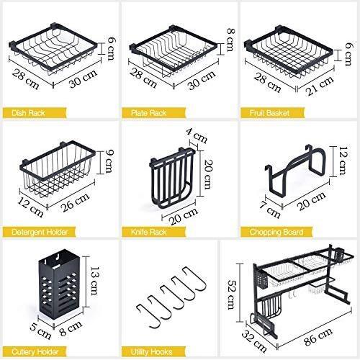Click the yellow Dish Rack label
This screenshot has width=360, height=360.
28,113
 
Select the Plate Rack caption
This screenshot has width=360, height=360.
148,113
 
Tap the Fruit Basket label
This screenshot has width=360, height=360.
269,113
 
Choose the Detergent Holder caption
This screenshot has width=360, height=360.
40,232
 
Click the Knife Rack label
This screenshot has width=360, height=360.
148,232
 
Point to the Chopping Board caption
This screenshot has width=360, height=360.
276,232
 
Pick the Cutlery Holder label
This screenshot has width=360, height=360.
35,352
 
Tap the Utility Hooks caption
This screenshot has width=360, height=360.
151,352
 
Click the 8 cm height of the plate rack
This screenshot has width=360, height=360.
230,40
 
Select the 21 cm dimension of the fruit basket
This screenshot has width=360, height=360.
320,85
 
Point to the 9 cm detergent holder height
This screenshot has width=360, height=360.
109,161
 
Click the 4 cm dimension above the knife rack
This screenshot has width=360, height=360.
197,137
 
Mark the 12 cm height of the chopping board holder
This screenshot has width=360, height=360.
342,161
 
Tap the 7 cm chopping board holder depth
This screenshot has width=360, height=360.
269,209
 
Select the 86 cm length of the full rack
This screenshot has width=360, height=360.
318,337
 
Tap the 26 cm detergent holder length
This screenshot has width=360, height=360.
76,202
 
